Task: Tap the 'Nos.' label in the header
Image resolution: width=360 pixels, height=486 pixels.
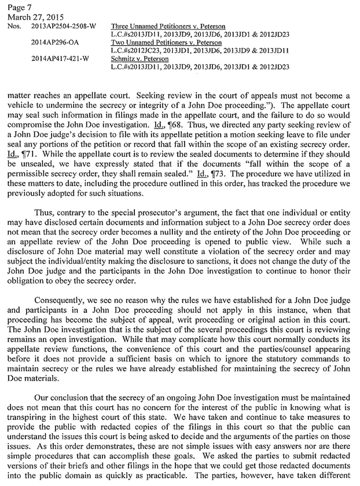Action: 11,27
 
